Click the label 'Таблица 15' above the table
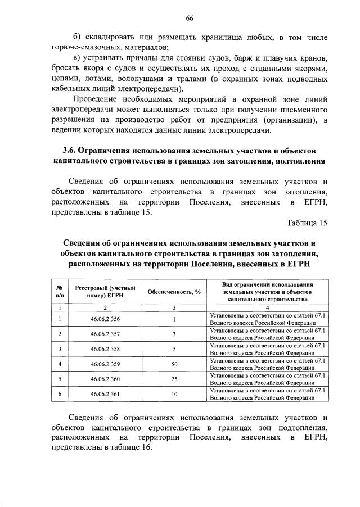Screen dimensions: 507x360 pyautogui.click(x=307, y=223)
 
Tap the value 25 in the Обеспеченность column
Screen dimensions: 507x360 pyautogui.click(x=174, y=379)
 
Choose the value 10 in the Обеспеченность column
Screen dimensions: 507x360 pyautogui.click(x=174, y=393)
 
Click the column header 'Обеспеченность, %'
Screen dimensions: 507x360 pyautogui.click(x=174, y=291)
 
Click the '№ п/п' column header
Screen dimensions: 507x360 pyautogui.click(x=59, y=291)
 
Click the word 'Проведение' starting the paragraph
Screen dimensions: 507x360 pyautogui.click(x=98, y=99)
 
